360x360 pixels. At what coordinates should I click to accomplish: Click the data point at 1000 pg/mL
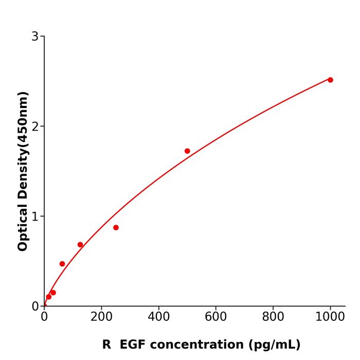coord(330,80)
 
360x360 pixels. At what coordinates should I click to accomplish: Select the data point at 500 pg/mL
coord(187,151)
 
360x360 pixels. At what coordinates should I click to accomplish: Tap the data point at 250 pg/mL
coord(116,227)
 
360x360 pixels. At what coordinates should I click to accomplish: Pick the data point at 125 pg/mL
coord(80,245)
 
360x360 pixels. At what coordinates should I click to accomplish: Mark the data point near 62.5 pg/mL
coord(62,264)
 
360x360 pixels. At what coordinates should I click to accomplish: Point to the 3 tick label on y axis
coord(35,37)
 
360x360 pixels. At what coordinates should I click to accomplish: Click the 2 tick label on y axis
coord(35,127)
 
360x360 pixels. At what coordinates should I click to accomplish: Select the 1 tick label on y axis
coord(35,217)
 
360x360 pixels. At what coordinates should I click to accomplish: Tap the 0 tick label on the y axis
coord(35,307)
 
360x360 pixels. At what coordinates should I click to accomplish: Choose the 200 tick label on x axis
coord(101,317)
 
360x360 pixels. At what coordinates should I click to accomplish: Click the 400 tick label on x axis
coord(158,317)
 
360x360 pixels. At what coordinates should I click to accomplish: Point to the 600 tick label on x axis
coord(215,317)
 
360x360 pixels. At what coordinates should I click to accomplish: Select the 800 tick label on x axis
coord(273,317)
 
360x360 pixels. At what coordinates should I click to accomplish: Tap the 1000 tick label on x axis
coord(330,317)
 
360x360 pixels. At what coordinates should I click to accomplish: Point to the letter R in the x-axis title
coord(106,345)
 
